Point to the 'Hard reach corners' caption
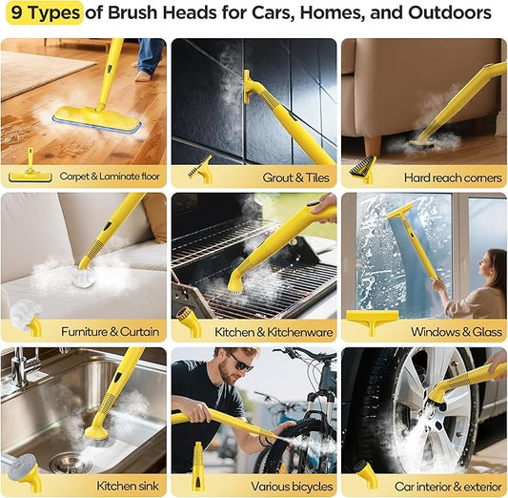click(x=451, y=176)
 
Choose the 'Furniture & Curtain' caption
click(x=108, y=331)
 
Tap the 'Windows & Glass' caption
click(x=455, y=331)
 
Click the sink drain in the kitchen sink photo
click(x=71, y=463)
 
